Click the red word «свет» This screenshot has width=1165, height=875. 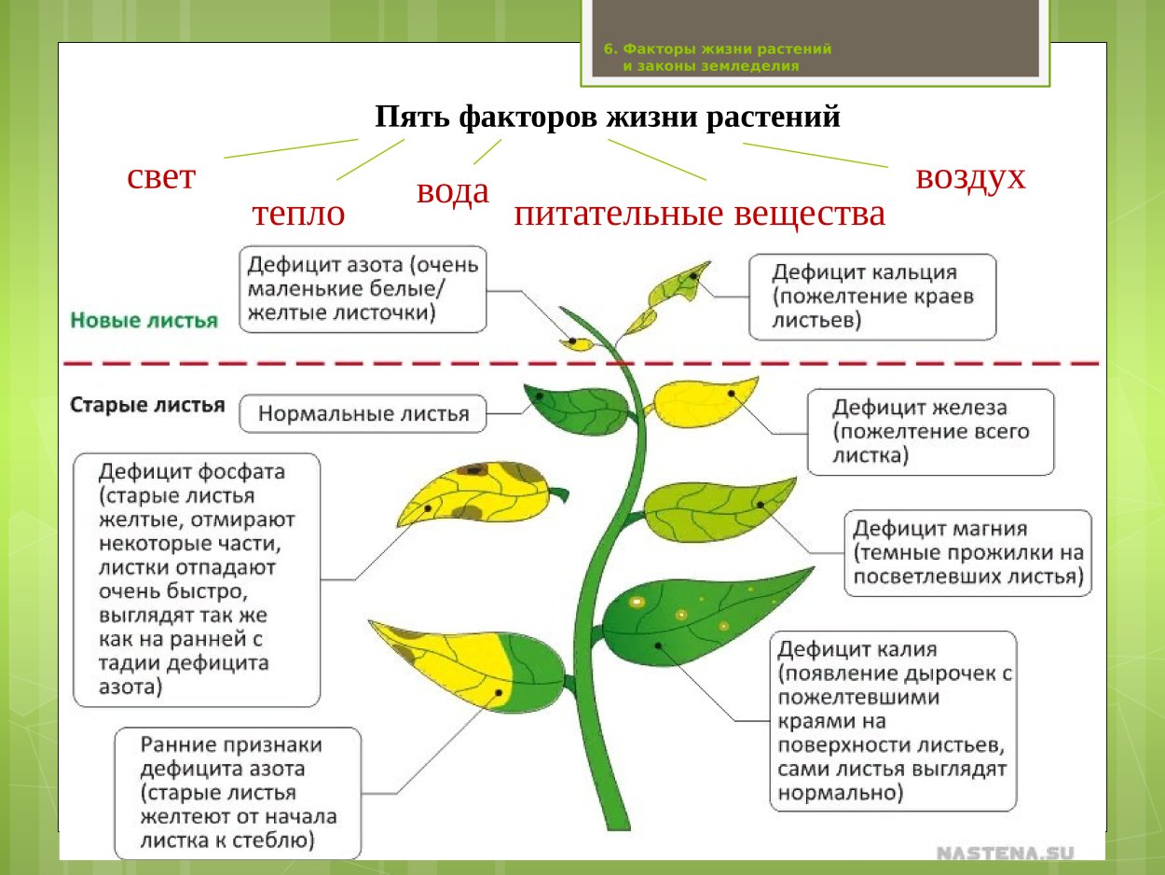coord(160,177)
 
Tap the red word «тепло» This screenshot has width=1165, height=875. coord(298,215)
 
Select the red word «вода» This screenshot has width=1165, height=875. coord(452,192)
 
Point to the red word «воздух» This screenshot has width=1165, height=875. coord(970,176)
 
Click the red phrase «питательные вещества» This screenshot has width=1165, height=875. coord(699,215)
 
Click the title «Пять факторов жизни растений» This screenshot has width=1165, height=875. coord(608,118)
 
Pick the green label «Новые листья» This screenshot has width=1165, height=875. coord(144,320)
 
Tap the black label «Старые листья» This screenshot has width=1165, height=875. coord(147,406)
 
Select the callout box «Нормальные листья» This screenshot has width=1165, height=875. coord(363,413)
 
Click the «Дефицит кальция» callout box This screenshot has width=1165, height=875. coord(872,297)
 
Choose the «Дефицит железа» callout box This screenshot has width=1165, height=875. coord(930,432)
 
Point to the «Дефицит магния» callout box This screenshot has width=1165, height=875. coord(967,552)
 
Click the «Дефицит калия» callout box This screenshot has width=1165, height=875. coord(893,720)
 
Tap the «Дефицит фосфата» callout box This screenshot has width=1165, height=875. coord(197,579)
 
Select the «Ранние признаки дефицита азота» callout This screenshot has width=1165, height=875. coord(238,793)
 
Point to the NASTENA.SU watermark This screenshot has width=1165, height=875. coord(1005,853)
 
